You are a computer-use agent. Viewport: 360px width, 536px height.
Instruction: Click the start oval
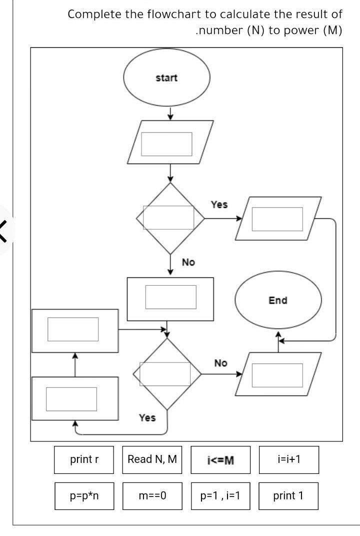(x=166, y=77)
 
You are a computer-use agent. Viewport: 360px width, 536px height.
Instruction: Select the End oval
(x=278, y=300)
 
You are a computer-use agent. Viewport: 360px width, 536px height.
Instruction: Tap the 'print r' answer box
(x=84, y=460)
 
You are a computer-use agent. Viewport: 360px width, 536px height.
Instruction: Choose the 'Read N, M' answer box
(x=152, y=460)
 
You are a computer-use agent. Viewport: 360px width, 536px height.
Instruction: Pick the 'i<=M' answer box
(x=220, y=460)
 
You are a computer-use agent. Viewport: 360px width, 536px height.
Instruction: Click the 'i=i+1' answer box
(x=289, y=460)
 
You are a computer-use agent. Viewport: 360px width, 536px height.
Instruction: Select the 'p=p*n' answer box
(x=84, y=496)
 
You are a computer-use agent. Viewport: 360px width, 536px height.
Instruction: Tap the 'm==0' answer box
(x=152, y=496)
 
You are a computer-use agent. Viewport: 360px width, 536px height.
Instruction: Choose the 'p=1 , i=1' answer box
(x=220, y=496)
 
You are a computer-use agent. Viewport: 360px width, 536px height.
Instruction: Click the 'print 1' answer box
(x=288, y=496)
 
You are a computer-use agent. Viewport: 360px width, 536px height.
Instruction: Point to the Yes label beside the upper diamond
(x=219, y=205)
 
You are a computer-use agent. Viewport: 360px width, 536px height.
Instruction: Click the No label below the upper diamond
(x=188, y=262)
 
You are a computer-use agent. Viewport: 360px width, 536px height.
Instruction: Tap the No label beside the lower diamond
(x=220, y=363)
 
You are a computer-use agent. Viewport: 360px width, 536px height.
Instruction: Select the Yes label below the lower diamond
(x=147, y=418)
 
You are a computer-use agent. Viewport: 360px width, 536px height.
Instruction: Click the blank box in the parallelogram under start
(x=166, y=144)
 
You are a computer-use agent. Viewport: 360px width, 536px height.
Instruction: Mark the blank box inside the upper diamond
(x=168, y=217)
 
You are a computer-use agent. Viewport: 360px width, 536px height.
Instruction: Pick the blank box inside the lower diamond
(x=165, y=374)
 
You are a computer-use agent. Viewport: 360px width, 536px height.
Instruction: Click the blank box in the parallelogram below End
(x=277, y=375)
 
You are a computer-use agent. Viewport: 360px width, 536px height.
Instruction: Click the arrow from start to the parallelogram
(x=170, y=113)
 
